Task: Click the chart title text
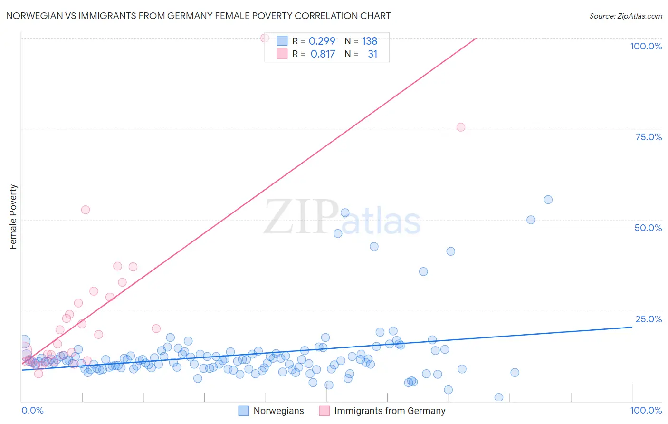pos(198,16)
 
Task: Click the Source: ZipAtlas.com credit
pos(625,16)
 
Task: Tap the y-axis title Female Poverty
pos(13,217)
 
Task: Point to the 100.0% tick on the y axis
pos(646,46)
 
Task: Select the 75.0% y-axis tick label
pos(649,137)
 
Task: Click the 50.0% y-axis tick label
pos(648,228)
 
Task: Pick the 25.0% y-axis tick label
pos(649,319)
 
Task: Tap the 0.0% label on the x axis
pos(32,410)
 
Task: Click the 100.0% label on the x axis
pos(646,410)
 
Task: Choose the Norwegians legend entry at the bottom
pos(278,411)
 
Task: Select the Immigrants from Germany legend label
pos(390,411)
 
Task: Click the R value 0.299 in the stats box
pos(322,41)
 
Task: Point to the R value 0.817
pos(323,54)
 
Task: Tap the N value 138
pos(369,41)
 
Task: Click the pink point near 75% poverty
pos(460,127)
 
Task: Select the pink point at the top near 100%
pos(265,38)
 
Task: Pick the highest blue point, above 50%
pos(548,200)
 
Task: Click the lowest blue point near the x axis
pos(498,397)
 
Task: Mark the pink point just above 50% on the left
pos(86,210)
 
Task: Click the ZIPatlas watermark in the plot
pos(342,218)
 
